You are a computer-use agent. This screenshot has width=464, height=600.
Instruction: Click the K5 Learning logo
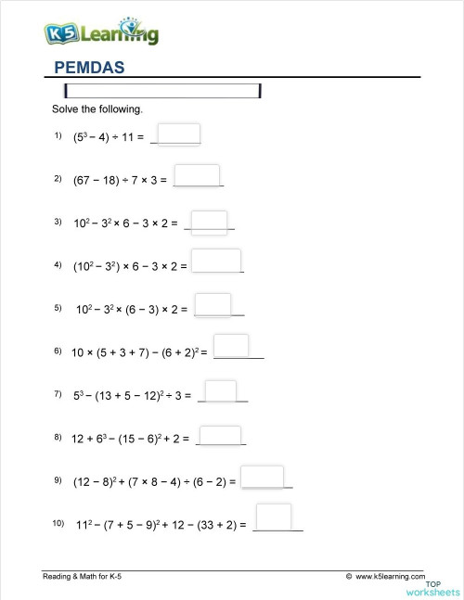coord(101,33)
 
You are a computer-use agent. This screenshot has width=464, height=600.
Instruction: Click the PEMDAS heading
coord(89,67)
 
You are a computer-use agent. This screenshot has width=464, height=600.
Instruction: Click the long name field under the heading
coord(162,91)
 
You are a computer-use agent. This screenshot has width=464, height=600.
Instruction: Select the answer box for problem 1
coord(180,134)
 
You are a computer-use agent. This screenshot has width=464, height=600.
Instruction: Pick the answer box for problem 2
coord(197,175)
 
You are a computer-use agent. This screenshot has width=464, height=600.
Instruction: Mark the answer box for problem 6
coord(231,345)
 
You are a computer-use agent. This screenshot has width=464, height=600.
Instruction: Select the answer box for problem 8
coord(221,435)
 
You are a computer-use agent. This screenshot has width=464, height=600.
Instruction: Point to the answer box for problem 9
coord(262,477)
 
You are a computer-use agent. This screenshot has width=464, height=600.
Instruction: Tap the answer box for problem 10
coord(273,517)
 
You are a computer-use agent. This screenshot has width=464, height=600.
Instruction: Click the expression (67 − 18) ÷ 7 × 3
coord(120,180)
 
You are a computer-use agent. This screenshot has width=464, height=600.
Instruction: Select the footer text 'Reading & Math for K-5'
coord(83,577)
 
